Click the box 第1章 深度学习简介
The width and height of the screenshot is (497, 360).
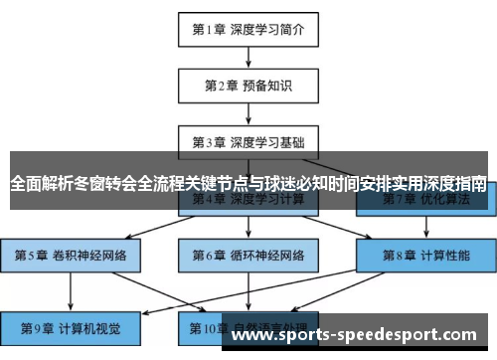coord(248,30)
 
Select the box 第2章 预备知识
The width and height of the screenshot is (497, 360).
coord(248,86)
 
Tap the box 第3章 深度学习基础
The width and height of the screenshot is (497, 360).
coord(248,141)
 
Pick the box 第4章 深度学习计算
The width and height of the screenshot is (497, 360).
coord(248,200)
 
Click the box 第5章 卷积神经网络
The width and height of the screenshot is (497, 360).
coord(71,255)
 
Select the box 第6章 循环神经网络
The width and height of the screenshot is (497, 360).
coord(248,255)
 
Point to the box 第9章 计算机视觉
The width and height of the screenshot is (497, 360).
coord(71,325)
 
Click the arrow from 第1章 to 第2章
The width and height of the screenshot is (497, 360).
coord(248,58)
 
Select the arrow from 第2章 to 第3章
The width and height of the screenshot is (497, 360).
coord(248,113)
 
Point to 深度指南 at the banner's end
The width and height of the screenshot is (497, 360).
coord(455,183)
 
